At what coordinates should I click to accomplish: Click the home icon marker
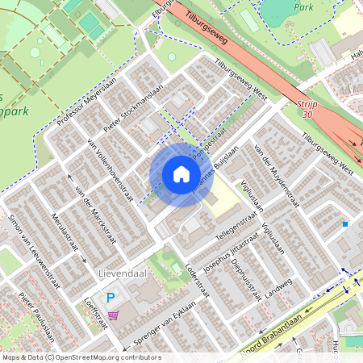click(181, 174)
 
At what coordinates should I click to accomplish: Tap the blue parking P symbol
click(111, 298)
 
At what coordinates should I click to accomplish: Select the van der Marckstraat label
click(91, 202)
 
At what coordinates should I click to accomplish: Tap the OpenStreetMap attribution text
click(81, 357)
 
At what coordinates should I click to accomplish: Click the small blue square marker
click(345, 223)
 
